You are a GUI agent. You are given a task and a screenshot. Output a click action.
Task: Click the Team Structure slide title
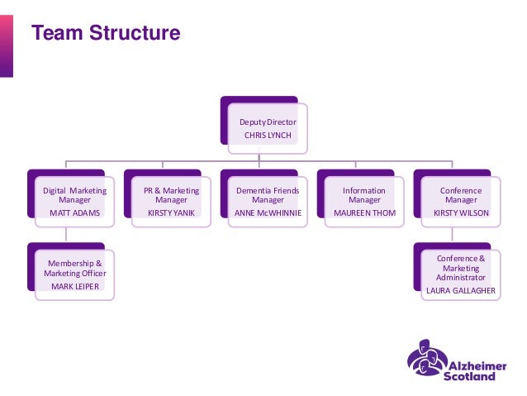pyautogui.click(x=105, y=34)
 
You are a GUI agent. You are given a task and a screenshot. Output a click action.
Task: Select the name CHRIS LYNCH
pyautogui.click(x=268, y=135)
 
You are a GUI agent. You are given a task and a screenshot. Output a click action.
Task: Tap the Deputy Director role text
pyautogui.click(x=268, y=122)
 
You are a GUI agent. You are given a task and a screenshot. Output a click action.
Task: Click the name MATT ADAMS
pyautogui.click(x=74, y=212)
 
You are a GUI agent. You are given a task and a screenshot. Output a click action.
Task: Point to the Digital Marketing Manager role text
pyautogui.click(x=75, y=195)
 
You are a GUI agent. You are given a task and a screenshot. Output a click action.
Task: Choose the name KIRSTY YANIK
pyautogui.click(x=171, y=212)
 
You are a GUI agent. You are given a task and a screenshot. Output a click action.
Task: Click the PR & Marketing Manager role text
pyautogui.click(x=171, y=195)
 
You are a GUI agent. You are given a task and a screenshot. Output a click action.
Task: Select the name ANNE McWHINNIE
pyautogui.click(x=268, y=212)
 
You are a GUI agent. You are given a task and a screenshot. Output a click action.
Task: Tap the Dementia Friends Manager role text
pyautogui.click(x=268, y=195)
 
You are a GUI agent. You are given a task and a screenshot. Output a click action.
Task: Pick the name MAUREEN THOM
pyautogui.click(x=364, y=212)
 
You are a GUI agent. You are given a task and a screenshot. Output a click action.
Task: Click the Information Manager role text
pyautogui.click(x=364, y=195)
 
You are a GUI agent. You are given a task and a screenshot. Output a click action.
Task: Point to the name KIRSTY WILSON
pyautogui.click(x=461, y=212)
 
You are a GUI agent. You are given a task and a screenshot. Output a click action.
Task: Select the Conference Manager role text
pyautogui.click(x=461, y=195)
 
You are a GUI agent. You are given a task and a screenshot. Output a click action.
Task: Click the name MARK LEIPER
pyautogui.click(x=74, y=286)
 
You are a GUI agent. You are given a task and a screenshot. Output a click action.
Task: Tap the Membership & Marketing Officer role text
pyautogui.click(x=75, y=268)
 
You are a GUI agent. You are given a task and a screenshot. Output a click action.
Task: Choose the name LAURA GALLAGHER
pyautogui.click(x=461, y=291)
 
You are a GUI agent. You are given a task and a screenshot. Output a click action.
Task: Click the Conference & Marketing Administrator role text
pyautogui.click(x=461, y=268)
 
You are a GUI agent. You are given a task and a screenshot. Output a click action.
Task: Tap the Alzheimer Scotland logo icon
pyautogui.click(x=426, y=360)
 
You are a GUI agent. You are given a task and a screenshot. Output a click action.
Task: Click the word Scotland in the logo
pyautogui.click(x=469, y=375)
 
